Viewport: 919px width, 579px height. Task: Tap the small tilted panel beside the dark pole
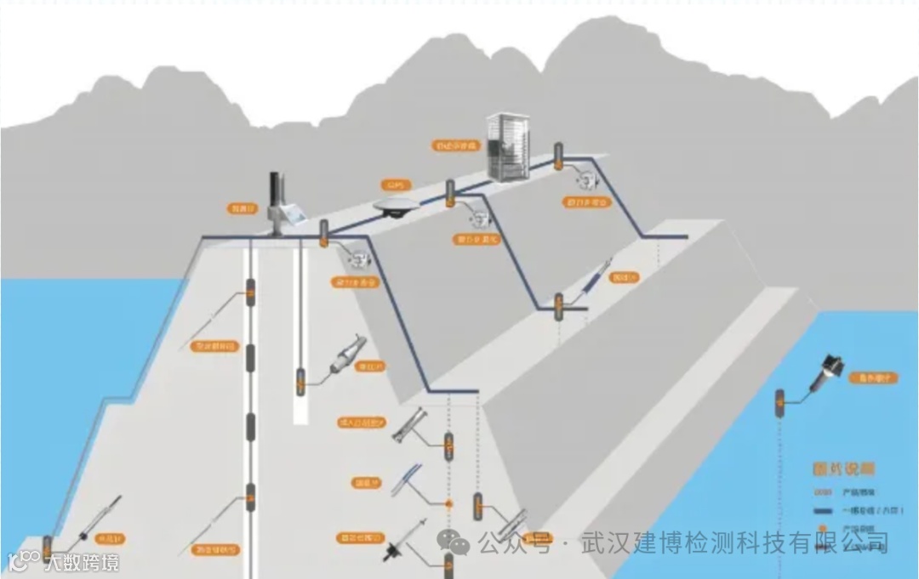point(294,217)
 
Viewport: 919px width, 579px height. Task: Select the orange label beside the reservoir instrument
point(877,379)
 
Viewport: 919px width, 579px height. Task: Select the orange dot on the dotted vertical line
point(448,504)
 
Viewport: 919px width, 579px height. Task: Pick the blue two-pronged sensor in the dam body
point(405,479)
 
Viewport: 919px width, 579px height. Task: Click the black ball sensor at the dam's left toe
point(84,536)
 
